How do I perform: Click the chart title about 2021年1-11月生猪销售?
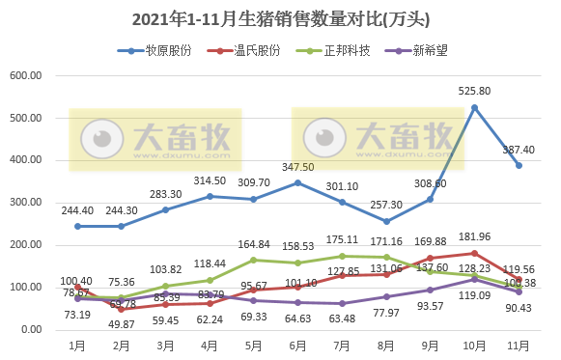[x=280, y=18]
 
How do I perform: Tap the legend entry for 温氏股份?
[x=249, y=50]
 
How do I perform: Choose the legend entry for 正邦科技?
[x=338, y=50]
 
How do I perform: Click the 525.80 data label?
[x=474, y=91]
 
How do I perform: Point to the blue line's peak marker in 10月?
[x=474, y=108]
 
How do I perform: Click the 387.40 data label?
[x=518, y=150]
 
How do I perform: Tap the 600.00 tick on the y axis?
[x=32, y=75]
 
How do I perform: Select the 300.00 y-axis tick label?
[x=32, y=203]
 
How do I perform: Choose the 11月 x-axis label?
[x=518, y=345]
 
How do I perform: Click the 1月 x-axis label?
[x=77, y=345]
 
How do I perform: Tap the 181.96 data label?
[x=474, y=236]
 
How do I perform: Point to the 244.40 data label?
[x=77, y=210]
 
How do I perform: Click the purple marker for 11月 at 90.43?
[x=519, y=291]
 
